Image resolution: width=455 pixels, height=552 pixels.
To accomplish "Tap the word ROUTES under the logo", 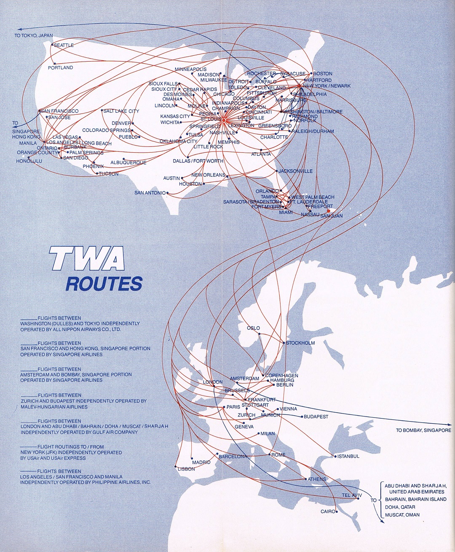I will tap(104, 284).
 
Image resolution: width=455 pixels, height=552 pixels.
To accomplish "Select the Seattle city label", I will tap(64, 45).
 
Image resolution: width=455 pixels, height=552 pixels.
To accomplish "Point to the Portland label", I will tap(60, 68).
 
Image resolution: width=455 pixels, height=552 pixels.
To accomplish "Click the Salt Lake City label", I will tap(121, 111).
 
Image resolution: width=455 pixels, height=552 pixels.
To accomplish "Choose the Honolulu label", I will tap(29, 161).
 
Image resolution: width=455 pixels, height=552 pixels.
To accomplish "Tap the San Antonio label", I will tap(150, 193).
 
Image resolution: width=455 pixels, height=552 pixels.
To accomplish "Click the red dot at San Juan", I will tap(329, 211).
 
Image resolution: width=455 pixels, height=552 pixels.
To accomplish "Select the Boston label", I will tap(323, 73).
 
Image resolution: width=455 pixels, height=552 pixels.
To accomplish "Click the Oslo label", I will tap(253, 328).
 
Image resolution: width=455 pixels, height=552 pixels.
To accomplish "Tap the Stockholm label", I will tap(300, 343).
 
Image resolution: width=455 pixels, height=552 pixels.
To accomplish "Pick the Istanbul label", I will tap(348, 456).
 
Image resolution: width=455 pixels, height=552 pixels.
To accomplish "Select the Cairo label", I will tap(328, 511).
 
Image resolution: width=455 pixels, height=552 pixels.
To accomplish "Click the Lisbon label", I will tap(186, 469).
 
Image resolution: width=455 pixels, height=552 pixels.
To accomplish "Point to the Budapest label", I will tap(316, 417).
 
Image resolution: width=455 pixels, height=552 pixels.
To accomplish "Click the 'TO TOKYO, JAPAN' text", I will tap(34, 35).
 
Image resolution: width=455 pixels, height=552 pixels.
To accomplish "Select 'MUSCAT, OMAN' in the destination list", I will tap(402, 515).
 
